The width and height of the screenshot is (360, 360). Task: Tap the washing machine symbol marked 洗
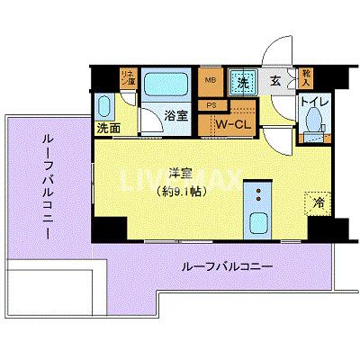click(244, 81)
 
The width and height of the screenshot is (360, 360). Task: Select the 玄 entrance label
click(277, 81)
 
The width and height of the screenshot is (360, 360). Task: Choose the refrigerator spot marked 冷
click(318, 204)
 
